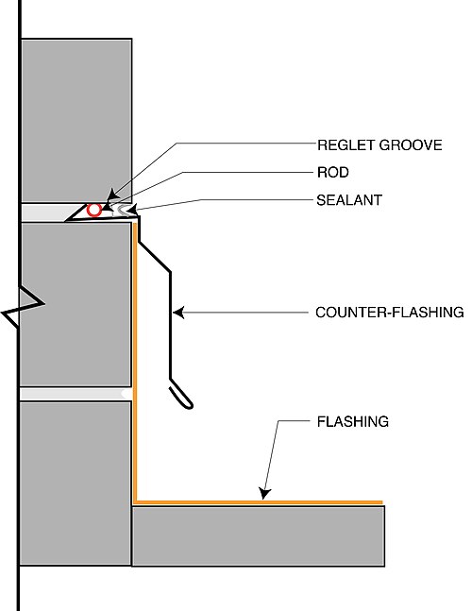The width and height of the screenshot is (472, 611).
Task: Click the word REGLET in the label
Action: point(346,145)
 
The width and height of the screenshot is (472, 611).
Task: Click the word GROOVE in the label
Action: point(411,145)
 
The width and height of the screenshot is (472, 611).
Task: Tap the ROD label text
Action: point(333,172)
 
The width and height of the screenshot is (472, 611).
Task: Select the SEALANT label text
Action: point(349,200)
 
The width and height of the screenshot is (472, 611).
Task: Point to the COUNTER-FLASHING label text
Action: point(390,313)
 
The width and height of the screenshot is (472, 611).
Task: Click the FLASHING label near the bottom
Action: point(353,421)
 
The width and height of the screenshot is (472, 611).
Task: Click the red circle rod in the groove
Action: point(93,210)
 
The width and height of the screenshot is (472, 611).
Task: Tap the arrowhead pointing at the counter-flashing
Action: point(178,313)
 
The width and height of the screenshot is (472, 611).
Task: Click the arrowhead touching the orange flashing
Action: point(264,493)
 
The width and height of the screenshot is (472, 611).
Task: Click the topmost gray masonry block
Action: point(76,121)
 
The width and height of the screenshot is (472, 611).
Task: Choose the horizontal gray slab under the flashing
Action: point(259,536)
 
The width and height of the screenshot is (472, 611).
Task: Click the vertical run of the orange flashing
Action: point(135,363)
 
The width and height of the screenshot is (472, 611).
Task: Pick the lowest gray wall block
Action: point(76,484)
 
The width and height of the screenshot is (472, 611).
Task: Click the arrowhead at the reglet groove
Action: point(112,194)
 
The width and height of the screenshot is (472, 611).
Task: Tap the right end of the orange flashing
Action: point(381,502)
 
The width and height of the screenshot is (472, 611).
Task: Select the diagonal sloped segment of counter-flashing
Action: point(155,257)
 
